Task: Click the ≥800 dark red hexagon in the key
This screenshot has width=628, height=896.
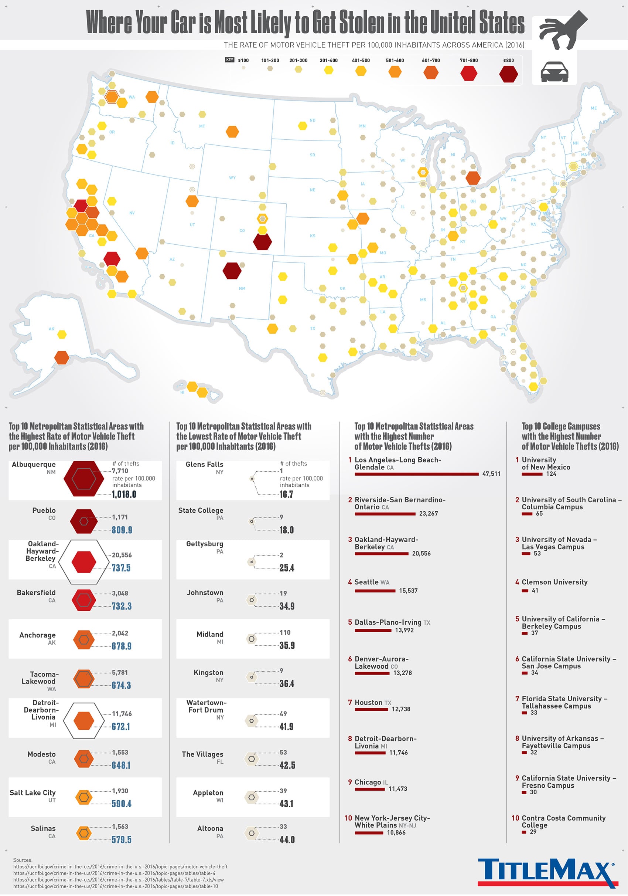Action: [508, 74]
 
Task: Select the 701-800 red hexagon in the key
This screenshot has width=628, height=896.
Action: [468, 73]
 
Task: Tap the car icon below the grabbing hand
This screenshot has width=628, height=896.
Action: [554, 72]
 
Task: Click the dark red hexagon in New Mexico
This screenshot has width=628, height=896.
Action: [232, 271]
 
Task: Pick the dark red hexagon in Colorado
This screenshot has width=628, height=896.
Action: [262, 242]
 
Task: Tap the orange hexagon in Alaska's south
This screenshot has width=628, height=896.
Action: [62, 357]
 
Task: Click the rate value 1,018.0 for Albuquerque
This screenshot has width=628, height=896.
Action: [124, 494]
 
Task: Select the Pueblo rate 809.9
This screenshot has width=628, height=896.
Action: [122, 530]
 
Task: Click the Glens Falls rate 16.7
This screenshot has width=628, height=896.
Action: [286, 494]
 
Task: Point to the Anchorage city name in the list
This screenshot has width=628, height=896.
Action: [37, 635]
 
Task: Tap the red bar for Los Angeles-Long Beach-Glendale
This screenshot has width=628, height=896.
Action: [416, 474]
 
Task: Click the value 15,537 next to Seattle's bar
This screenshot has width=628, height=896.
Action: [408, 590]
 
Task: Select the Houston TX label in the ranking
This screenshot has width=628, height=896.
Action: [372, 702]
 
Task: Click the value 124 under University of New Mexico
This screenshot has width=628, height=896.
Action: [551, 474]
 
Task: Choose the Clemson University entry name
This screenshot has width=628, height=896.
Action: [554, 582]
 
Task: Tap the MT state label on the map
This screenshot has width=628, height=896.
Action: [202, 126]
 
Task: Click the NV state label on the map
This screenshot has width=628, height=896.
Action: [132, 213]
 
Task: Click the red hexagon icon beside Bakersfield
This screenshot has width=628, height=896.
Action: [83, 600]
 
